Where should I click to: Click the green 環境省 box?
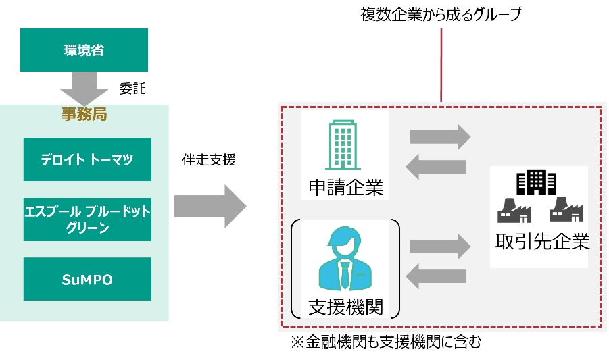(x=84, y=49)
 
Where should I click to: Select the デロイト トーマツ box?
(x=87, y=159)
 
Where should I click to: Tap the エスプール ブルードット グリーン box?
(x=87, y=219)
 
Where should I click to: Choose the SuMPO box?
(x=87, y=278)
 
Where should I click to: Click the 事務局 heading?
(x=84, y=113)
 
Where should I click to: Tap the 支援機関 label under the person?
(x=345, y=307)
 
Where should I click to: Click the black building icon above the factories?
(x=535, y=182)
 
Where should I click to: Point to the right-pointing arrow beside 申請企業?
(x=439, y=136)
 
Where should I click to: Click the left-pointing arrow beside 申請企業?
(x=439, y=165)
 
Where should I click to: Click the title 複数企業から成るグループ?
(x=441, y=14)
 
